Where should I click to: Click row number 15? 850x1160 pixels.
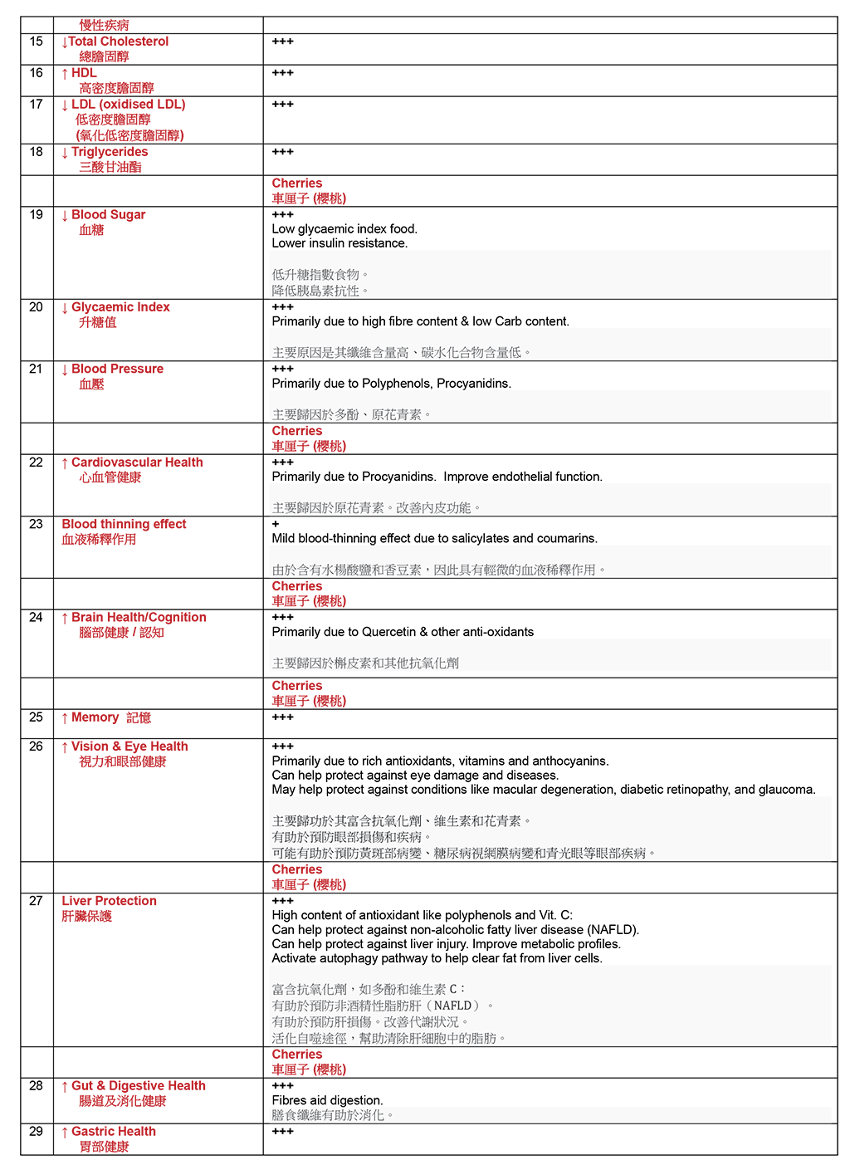pos(36,42)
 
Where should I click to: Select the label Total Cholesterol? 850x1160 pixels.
pos(118,42)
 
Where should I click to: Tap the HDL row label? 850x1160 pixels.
pos(84,73)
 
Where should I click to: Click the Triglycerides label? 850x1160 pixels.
pos(110,152)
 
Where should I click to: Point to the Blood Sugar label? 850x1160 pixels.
pos(108,215)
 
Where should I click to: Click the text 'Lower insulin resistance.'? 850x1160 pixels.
pos(340,243)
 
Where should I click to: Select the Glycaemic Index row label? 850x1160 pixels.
pos(120,307)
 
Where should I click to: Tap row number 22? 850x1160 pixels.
pos(36,463)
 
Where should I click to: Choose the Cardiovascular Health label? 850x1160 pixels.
pos(137,463)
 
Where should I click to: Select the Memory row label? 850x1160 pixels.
pos(95,717)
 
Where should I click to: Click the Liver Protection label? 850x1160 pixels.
pos(109,901)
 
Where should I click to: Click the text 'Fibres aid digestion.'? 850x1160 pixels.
pos(327,1100)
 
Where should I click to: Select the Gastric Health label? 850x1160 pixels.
pos(113,1132)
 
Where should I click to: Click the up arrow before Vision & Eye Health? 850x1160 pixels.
pos(65,747)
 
